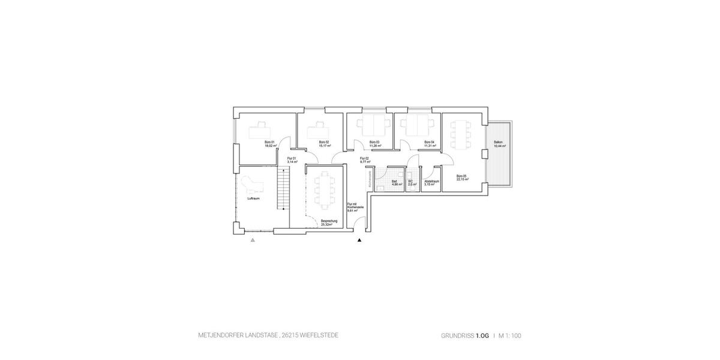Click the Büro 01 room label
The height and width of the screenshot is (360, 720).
(270, 142)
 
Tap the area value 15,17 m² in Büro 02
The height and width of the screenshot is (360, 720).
(324, 146)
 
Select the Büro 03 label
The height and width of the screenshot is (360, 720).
(374, 142)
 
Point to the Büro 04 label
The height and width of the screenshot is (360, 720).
(428, 142)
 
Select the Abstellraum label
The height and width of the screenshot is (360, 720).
(432, 181)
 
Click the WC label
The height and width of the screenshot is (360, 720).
(411, 181)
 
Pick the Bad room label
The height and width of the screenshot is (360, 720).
(395, 181)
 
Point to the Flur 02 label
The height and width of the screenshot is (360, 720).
(364, 158)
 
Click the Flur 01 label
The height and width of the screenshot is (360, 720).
(292, 158)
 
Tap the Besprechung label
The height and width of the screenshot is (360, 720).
(329, 220)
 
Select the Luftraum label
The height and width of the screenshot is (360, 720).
(253, 198)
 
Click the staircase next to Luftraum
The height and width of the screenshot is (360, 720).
(283, 188)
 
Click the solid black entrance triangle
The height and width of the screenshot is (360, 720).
(360, 240)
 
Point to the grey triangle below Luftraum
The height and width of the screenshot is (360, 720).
(253, 240)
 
